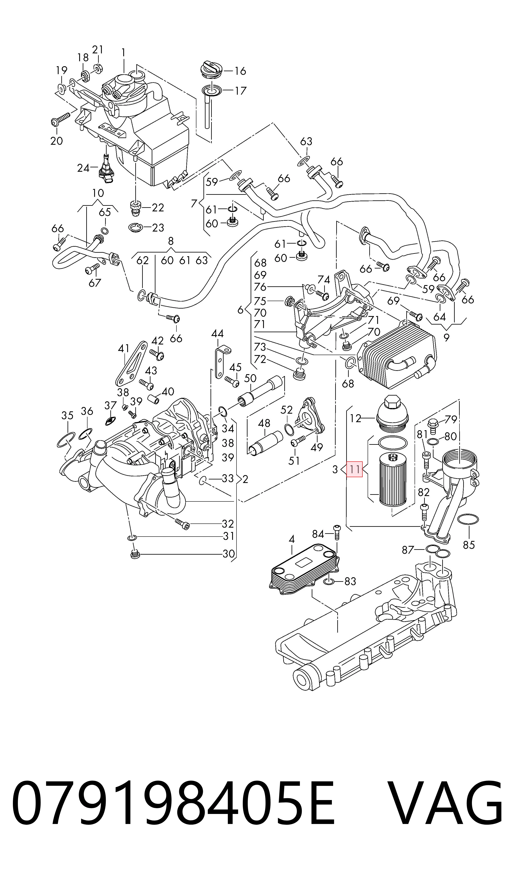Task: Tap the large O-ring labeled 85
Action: (x=468, y=520)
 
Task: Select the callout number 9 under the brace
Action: (x=446, y=337)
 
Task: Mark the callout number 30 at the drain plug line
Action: (x=228, y=553)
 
